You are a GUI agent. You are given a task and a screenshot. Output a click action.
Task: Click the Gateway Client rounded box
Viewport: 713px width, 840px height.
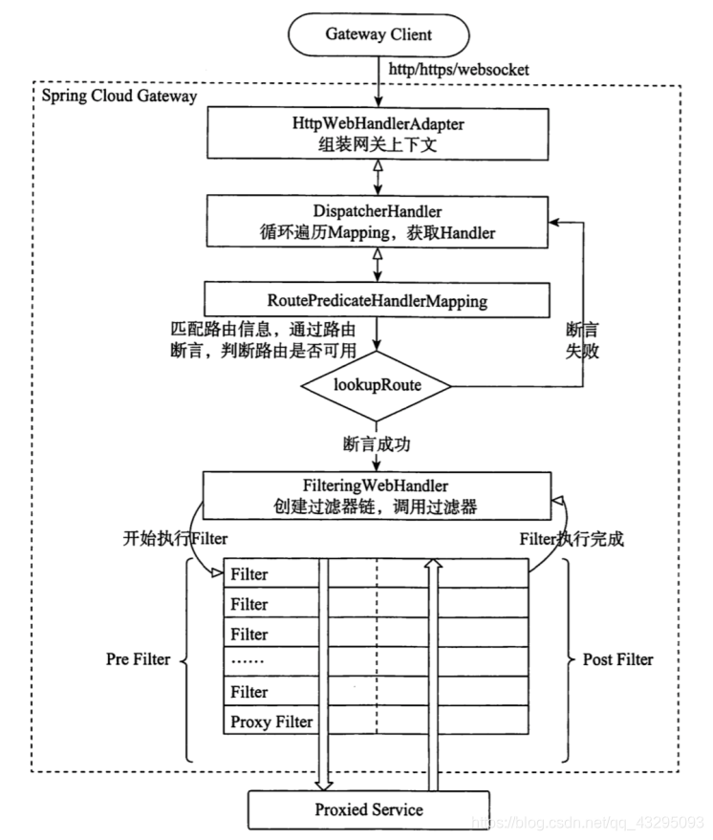(378, 35)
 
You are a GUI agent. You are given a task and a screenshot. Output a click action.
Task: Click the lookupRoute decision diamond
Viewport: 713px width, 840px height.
(377, 387)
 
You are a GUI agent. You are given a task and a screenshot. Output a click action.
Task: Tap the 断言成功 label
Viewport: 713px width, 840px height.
(377, 444)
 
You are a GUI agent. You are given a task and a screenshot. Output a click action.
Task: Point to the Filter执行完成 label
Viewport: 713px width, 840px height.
(571, 538)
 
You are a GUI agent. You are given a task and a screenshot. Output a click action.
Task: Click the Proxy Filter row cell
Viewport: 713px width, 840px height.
(271, 722)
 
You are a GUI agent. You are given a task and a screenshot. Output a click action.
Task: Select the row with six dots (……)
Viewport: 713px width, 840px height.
(271, 661)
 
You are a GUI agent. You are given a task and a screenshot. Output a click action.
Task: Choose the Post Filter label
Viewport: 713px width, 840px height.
(617, 659)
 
